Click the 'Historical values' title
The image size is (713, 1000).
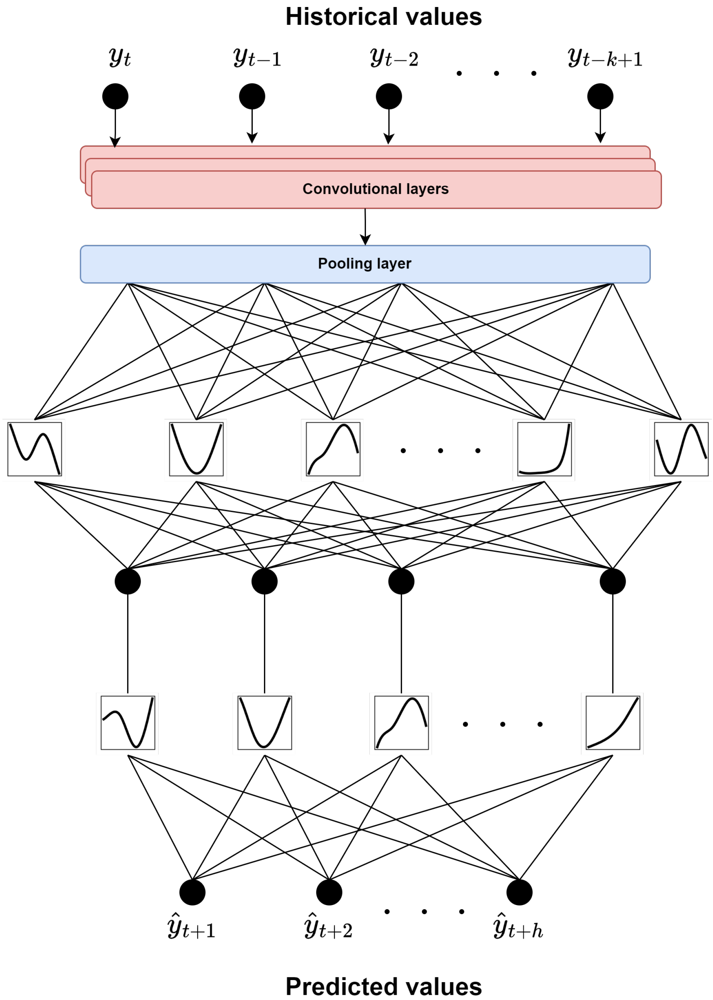383,17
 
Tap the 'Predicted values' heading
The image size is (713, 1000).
383,986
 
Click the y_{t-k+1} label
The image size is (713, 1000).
605,58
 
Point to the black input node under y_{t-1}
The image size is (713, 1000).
252,96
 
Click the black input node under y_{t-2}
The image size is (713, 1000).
389,96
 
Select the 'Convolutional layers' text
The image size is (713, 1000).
375,189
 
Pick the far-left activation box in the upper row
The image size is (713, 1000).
34,449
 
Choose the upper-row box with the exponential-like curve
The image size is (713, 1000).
544,449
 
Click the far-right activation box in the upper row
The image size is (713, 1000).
681,449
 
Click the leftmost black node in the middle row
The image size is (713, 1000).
128,581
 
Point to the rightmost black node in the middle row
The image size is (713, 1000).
612,581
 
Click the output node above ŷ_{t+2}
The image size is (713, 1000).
329,892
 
